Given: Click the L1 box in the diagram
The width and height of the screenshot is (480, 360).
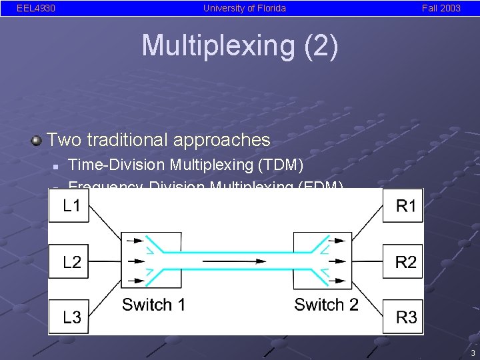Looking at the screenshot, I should click(x=69, y=206).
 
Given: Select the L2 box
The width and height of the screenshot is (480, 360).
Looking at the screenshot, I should click(x=69, y=262).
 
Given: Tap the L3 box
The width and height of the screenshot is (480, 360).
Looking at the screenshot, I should click(x=69, y=317).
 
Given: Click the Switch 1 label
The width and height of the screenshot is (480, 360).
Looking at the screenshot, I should click(x=153, y=305).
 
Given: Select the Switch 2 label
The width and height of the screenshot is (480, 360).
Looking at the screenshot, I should click(x=326, y=305).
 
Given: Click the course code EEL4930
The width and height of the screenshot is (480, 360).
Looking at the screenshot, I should click(x=36, y=8).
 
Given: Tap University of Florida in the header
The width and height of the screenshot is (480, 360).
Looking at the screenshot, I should click(x=244, y=8).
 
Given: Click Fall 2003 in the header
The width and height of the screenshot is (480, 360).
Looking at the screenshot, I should click(x=441, y=8).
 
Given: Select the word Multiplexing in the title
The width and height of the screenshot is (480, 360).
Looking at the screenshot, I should click(x=217, y=45).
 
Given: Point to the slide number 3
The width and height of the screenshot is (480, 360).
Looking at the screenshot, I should click(x=472, y=353).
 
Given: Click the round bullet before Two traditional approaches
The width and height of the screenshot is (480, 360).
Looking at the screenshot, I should click(x=37, y=140).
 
